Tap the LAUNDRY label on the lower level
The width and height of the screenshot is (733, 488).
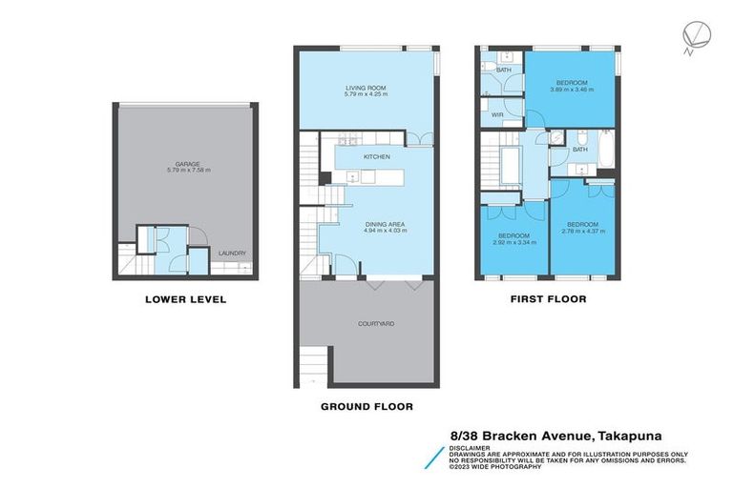coord(232,253)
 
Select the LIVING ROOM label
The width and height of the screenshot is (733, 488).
coord(366,88)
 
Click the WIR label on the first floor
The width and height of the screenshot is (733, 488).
coord(497,114)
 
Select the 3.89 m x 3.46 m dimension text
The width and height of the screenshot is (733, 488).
coord(572,90)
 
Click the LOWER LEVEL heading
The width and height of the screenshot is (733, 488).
coord(185,299)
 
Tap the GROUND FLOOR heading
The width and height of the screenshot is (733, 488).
coord(366,406)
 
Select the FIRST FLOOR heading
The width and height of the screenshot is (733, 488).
coord(547,299)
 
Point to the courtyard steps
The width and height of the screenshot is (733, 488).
coord(312,362)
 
